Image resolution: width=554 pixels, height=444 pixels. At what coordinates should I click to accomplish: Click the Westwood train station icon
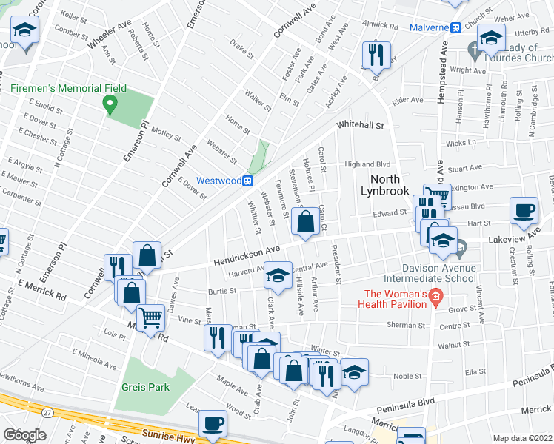[250, 181]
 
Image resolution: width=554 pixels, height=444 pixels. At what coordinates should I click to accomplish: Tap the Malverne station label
[429, 28]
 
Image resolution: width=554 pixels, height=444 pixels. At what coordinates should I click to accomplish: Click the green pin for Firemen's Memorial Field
[111, 107]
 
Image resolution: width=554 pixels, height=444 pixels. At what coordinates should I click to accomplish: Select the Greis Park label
[146, 386]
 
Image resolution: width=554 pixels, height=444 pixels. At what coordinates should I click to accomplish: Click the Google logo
[24, 435]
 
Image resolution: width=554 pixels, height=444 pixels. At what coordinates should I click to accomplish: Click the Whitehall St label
[361, 127]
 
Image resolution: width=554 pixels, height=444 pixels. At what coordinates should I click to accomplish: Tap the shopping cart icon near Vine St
[151, 317]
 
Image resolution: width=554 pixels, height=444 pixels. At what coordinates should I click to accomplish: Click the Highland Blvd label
[367, 165]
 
